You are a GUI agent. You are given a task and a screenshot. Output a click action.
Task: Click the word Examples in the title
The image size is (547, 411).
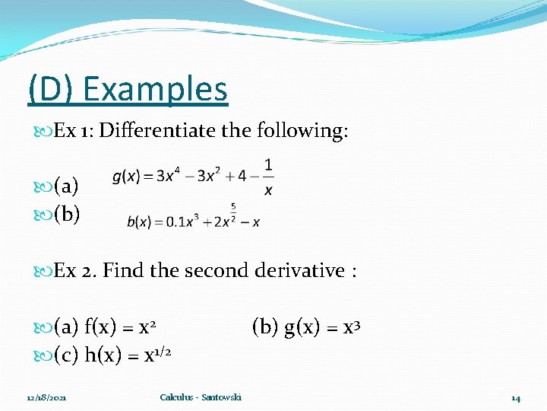[156, 89]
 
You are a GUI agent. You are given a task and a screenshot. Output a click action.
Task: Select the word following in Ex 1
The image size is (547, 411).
[302, 131]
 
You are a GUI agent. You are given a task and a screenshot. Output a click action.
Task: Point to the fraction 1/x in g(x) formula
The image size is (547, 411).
[268, 177]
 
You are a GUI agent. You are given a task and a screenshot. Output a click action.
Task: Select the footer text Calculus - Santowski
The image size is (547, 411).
[201, 398]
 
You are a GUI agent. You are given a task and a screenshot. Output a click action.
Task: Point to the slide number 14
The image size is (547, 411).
[516, 398]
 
